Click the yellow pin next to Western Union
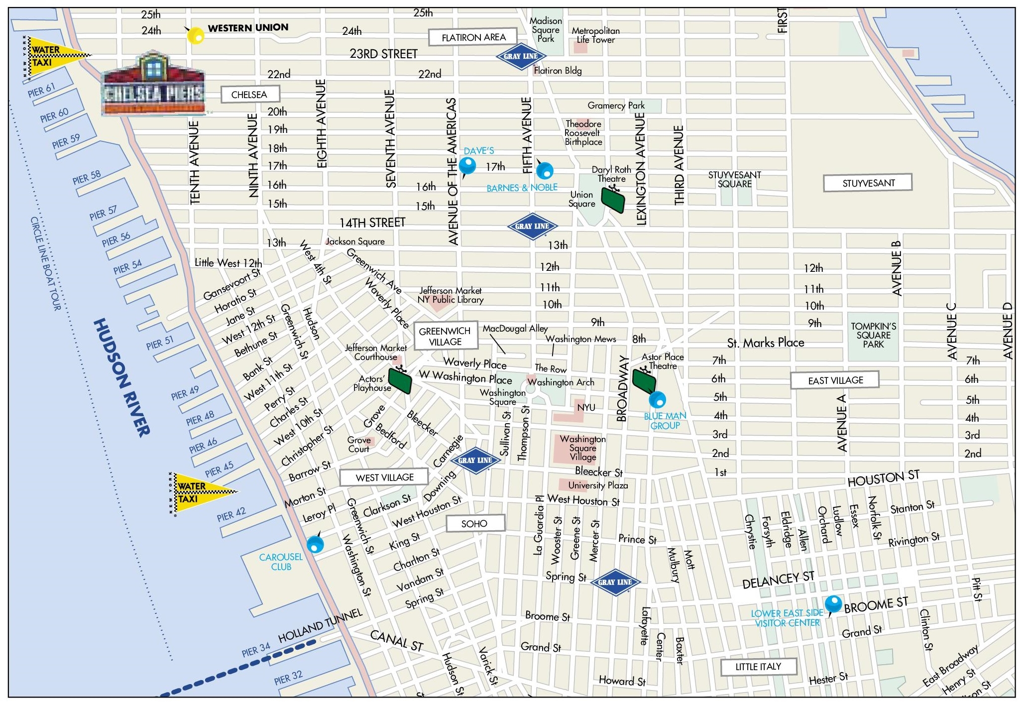click(x=195, y=35)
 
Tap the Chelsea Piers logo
click(x=153, y=85)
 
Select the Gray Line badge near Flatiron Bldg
click(x=521, y=56)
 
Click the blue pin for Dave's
click(x=467, y=165)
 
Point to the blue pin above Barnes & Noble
click(x=545, y=171)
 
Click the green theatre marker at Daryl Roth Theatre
click(x=613, y=199)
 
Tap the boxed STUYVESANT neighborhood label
click(x=868, y=183)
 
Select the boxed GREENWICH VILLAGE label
click(x=445, y=337)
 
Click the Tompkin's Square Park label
click(x=873, y=335)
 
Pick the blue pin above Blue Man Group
click(x=658, y=399)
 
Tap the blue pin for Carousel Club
click(x=315, y=544)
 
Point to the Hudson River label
click(x=121, y=377)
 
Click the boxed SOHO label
click(x=474, y=523)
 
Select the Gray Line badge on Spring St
click(x=615, y=582)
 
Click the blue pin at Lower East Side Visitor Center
click(x=833, y=604)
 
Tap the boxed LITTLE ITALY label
click(x=758, y=667)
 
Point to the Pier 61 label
click(x=41, y=90)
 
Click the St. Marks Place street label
click(x=765, y=343)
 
